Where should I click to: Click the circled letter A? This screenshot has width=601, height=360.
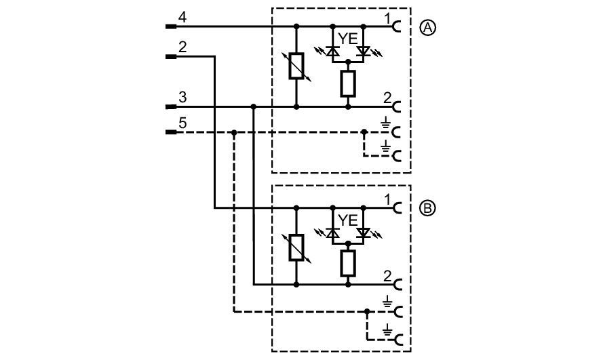click(428, 27)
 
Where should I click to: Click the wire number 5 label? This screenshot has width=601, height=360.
click(181, 123)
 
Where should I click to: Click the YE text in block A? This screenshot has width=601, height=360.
click(347, 40)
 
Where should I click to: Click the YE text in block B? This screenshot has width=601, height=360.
click(347, 220)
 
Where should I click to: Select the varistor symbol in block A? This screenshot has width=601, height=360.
click(296, 66)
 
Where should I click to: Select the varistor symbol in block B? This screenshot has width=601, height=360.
click(296, 247)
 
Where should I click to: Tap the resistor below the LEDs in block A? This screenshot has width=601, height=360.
click(348, 83)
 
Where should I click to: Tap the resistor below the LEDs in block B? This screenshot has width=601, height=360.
click(348, 263)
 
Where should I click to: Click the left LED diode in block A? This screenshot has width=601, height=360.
click(332, 50)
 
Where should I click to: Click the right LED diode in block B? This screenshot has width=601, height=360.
click(364, 232)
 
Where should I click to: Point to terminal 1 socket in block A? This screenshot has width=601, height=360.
click(395, 27)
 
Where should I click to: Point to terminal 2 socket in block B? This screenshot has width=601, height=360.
click(395, 285)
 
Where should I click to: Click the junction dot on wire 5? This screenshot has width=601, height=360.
click(233, 132)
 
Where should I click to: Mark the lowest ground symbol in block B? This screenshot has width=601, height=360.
click(386, 332)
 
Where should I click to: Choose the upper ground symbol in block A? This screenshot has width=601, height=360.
click(386, 124)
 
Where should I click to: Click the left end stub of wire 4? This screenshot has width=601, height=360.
click(171, 27)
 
